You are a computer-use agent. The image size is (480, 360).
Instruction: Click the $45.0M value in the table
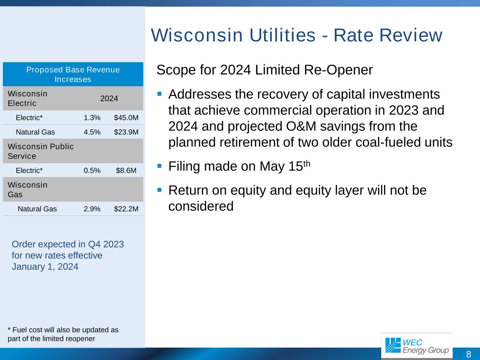pos(126,117)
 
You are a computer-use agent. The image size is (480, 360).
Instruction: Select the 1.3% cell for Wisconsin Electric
pos(92,117)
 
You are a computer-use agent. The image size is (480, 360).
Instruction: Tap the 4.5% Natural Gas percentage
pos(92,132)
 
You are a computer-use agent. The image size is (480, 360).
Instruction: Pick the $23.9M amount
pos(126,132)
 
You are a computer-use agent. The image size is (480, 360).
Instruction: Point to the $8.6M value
pos(126,170)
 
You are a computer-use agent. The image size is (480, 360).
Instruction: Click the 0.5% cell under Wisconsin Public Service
pos(92,170)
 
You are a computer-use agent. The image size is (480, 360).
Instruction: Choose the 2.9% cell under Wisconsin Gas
pos(92,209)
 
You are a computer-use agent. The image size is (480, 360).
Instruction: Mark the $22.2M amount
pos(126,209)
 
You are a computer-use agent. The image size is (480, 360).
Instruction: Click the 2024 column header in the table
pos(109,98)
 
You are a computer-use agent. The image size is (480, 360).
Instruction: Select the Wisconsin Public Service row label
pos(40,151)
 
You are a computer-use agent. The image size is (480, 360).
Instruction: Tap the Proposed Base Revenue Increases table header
pos(73,74)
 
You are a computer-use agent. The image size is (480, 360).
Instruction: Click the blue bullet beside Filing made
pos(159,166)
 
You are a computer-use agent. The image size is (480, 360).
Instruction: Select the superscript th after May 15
pos(307,163)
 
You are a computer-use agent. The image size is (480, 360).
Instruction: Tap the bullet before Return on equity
pos(159,190)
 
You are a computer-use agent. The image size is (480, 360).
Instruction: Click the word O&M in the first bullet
pos(301,126)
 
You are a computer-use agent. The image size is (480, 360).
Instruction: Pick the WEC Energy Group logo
pos(417,346)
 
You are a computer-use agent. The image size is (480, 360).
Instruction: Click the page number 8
pos(468,354)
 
